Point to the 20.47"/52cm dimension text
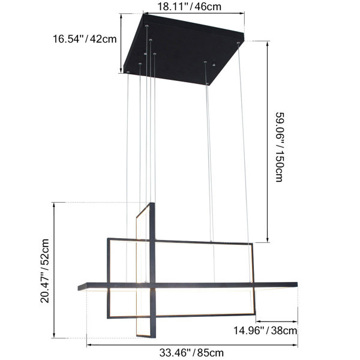(x=44, y=271)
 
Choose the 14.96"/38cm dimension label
(x=265, y=329)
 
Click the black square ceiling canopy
(x=183, y=51)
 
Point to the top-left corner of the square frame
(x=109, y=241)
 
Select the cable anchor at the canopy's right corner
(x=238, y=43)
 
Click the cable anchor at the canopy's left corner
(x=127, y=72)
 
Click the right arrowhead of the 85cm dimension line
(x=296, y=344)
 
